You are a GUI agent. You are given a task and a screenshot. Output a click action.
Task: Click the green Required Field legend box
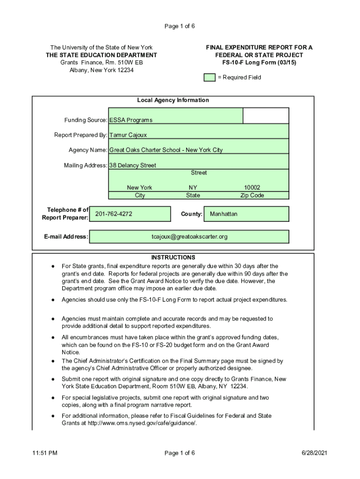pyautogui.click(x=209, y=78)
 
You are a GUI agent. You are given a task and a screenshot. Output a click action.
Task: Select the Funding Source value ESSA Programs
pyautogui.click(x=131, y=120)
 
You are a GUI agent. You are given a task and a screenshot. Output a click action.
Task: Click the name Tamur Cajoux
pyautogui.click(x=128, y=135)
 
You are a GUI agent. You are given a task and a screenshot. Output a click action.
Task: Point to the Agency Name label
pyautogui.click(x=88, y=150)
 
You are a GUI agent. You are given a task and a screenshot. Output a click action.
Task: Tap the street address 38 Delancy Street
pyautogui.click(x=132, y=165)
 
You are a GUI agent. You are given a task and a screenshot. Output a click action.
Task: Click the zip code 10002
pyautogui.click(x=252, y=188)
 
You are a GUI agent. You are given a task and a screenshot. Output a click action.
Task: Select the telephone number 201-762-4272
pyautogui.click(x=114, y=214)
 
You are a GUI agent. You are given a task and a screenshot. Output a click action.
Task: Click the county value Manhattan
pyautogui.click(x=223, y=214)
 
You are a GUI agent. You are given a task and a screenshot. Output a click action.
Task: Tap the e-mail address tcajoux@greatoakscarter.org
pyautogui.click(x=189, y=237)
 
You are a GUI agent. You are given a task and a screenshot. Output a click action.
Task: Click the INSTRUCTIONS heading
pyautogui.click(x=173, y=258)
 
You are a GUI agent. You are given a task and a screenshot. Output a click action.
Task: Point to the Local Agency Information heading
pyautogui.click(x=173, y=100)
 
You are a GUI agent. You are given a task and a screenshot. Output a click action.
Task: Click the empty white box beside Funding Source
pyautogui.click(x=266, y=116)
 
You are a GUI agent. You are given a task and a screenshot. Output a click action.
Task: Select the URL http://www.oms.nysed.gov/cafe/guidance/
pyautogui.click(x=142, y=423)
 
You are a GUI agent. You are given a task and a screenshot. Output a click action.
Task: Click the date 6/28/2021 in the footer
pyautogui.click(x=314, y=453)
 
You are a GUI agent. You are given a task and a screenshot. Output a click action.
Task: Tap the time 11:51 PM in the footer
pyautogui.click(x=45, y=453)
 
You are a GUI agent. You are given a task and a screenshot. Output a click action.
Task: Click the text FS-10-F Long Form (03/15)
pyautogui.click(x=259, y=63)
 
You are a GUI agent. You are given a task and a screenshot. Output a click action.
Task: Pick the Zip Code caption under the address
pyautogui.click(x=252, y=195)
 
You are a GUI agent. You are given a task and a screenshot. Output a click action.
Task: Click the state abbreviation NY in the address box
pyautogui.click(x=193, y=188)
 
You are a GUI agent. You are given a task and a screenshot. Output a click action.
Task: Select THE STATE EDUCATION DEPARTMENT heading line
pyautogui.click(x=101, y=55)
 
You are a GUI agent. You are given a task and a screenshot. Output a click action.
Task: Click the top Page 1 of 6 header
pyautogui.click(x=180, y=26)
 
